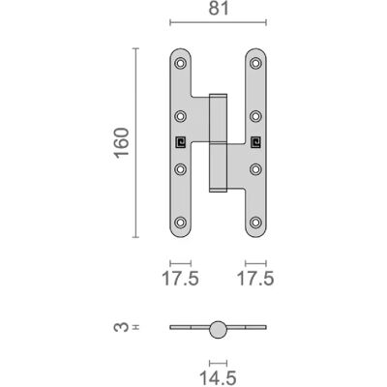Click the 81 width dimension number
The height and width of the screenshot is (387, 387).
[219, 9]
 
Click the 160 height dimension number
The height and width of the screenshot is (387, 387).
[122, 143]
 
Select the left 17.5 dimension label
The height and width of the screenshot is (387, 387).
[180, 279]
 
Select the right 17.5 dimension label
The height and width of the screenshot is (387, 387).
[255, 279]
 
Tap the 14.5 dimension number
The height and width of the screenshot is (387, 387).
[218, 377]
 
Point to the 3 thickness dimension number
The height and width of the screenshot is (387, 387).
[120, 327]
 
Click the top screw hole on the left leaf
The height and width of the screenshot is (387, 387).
[181, 63]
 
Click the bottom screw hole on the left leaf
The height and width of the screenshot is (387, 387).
[181, 223]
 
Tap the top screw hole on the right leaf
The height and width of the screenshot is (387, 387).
[255, 63]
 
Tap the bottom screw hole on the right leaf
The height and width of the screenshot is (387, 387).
[255, 223]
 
